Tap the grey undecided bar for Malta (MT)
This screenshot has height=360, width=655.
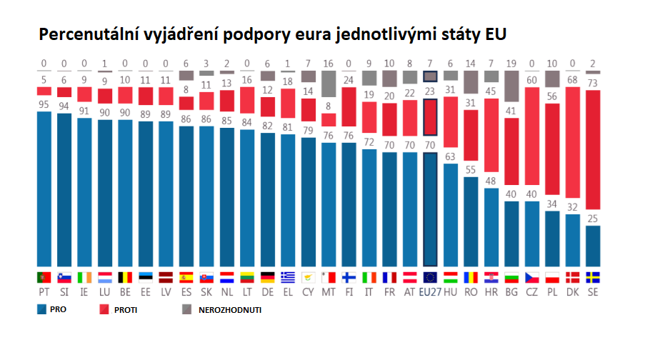[x=329, y=84]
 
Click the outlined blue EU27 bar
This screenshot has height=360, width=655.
[x=430, y=208]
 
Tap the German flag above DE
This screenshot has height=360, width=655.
[x=267, y=276]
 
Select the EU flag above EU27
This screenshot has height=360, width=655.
[x=430, y=276]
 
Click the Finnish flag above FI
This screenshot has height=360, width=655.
[x=349, y=276]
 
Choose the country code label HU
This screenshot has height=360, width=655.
[x=451, y=292]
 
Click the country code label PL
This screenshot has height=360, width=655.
[x=552, y=292]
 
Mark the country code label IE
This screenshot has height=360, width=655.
[x=84, y=292]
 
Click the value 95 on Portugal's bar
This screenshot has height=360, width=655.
[x=44, y=104]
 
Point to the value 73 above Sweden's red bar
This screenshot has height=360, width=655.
[x=593, y=84]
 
